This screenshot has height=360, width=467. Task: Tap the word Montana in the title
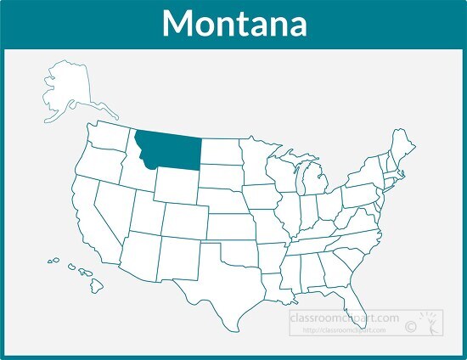(233, 24)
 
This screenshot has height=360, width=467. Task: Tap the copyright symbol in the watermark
(411, 325)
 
